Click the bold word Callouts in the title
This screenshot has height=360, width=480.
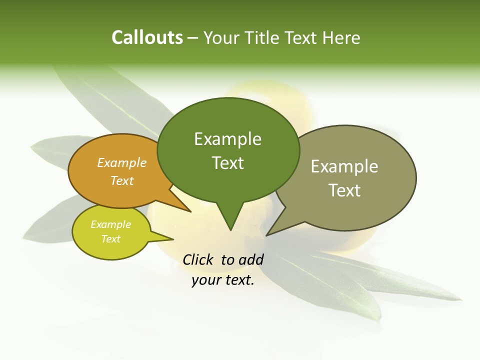point(147,37)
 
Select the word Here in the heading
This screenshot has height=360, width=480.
point(341,37)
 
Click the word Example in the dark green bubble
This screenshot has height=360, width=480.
point(227,139)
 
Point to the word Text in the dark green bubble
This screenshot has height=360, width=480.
point(227,162)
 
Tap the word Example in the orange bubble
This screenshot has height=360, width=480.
point(122,162)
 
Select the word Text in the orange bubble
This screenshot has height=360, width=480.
point(122,180)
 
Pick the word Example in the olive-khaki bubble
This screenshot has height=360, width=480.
point(344,166)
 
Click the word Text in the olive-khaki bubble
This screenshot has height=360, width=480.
point(344,190)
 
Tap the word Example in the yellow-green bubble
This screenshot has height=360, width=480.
point(110,224)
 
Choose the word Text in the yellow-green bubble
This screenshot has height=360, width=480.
point(110,239)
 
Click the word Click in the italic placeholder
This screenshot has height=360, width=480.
point(198,259)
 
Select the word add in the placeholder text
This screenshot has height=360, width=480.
point(251,259)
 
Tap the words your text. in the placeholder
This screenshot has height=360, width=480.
point(223,280)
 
